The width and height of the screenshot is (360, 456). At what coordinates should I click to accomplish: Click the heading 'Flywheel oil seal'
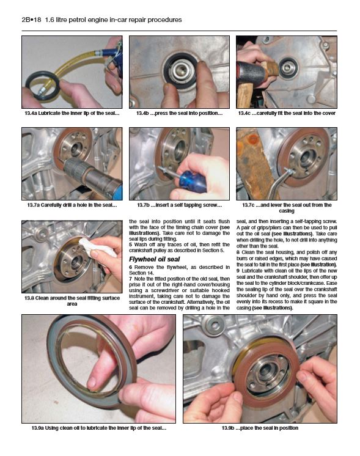click(153, 259)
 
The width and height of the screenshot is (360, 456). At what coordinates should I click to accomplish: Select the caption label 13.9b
click(231, 428)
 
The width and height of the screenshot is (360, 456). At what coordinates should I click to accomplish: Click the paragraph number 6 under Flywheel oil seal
click(131, 268)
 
